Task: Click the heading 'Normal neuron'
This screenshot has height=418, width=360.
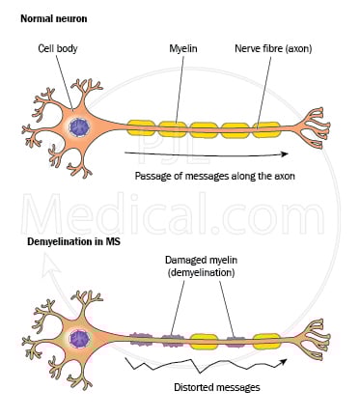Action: [x=50, y=16]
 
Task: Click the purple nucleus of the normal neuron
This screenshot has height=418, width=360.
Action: [x=79, y=126]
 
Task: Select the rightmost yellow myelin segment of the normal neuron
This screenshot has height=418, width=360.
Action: [x=267, y=126]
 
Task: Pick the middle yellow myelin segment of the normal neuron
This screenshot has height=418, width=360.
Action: [x=205, y=126]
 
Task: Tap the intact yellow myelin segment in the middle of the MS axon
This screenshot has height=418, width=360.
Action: [x=204, y=340]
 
